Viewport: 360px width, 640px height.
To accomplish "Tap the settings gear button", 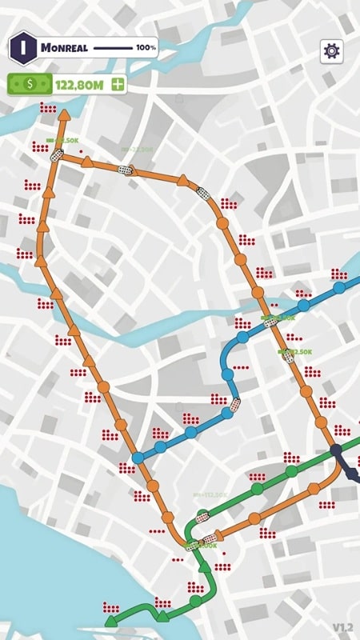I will pyautogui.click(x=330, y=50).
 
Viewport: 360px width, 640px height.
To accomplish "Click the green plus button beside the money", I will pyautogui.click(x=118, y=83).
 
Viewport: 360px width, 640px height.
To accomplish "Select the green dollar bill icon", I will pyautogui.click(x=30, y=83).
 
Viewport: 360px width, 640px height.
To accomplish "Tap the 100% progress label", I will pyautogui.click(x=146, y=48).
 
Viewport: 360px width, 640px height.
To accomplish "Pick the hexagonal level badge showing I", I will pyautogui.click(x=23, y=47).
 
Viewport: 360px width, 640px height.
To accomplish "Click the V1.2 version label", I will pyautogui.click(x=342, y=626).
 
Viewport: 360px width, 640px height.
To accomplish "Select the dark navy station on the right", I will pyautogui.click(x=337, y=450).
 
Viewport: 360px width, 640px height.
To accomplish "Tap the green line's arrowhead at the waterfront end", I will pyautogui.click(x=108, y=622).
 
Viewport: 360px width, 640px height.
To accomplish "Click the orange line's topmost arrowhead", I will pyautogui.click(x=63, y=116).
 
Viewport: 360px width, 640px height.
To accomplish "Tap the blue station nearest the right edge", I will pyautogui.click(x=339, y=287).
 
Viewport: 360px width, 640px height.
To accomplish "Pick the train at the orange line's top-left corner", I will pyautogui.click(x=55, y=158).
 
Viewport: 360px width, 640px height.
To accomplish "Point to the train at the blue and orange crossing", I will pyautogui.click(x=270, y=322).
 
